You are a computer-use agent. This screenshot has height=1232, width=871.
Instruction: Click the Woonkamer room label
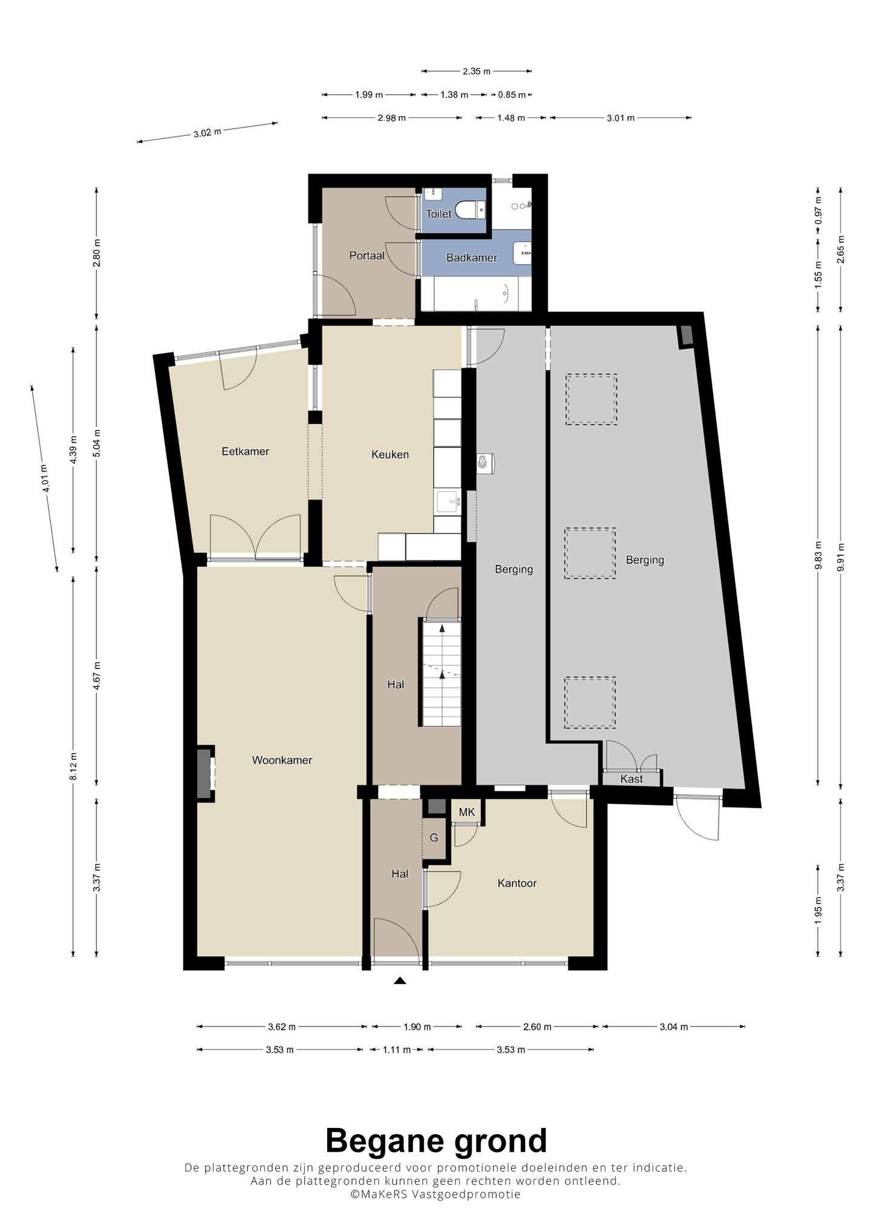pos(282,760)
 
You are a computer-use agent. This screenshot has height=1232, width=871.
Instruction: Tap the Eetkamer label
pos(245,451)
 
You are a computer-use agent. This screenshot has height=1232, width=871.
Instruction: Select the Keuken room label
pos(390,454)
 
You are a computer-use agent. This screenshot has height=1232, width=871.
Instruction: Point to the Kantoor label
pos(517,883)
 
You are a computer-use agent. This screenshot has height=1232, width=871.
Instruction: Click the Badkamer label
pos(472,258)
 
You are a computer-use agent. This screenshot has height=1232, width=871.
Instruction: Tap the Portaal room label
pos(367,256)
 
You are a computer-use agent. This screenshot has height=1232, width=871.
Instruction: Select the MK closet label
pos(467,812)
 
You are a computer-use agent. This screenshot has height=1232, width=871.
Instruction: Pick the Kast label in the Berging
pos(631,779)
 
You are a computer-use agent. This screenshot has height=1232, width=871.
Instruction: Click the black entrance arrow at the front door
pos(399,981)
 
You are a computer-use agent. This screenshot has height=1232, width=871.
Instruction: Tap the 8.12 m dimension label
pos(73,767)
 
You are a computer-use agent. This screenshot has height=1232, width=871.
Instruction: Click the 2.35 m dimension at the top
pos(477,71)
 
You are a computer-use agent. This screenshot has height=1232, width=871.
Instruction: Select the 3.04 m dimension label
pos(674,1026)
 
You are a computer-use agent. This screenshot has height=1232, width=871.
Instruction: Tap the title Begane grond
pos(436,1141)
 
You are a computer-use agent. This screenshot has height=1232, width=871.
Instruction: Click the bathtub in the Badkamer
pos(476,295)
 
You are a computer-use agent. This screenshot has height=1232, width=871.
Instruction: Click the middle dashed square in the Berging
pos(590,553)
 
